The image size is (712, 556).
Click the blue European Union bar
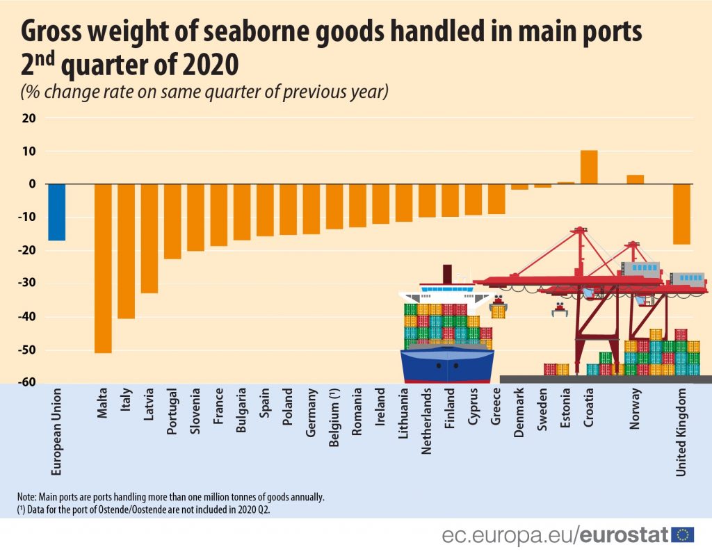[x=56, y=212]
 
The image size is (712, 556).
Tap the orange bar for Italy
[x=126, y=250]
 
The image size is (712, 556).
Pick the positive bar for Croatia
[x=588, y=167]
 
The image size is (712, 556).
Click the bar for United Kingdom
[x=681, y=214]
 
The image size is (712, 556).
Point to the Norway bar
[x=635, y=179]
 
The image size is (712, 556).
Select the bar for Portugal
[x=172, y=221]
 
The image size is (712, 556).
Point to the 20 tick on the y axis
[x=29, y=118]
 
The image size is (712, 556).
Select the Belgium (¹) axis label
[x=334, y=424]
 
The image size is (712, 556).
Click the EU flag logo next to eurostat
[x=683, y=534]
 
